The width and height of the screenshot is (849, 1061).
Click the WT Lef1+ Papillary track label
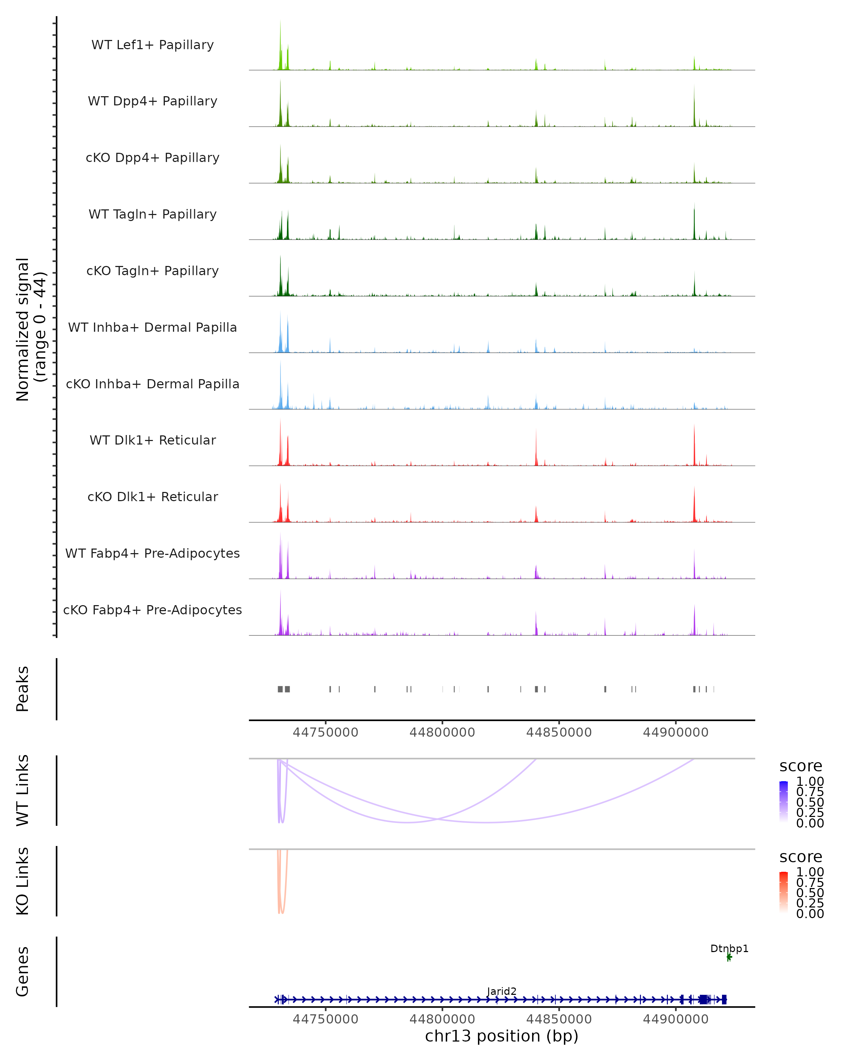152,45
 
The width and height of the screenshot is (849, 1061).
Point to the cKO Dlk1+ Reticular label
152,497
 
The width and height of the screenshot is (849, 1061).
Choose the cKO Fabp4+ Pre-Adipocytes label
152,610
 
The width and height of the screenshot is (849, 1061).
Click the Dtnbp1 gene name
729,948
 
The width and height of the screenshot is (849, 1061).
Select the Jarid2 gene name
502,991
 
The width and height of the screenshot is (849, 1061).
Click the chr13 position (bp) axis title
502,1036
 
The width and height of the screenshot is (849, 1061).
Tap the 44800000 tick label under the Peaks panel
442,732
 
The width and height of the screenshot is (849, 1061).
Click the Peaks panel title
23,689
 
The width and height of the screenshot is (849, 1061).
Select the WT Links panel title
23,790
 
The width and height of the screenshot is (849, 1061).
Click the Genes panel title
23,972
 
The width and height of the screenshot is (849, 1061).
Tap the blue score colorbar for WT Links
784,802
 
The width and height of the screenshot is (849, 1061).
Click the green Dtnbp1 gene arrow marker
729,957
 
